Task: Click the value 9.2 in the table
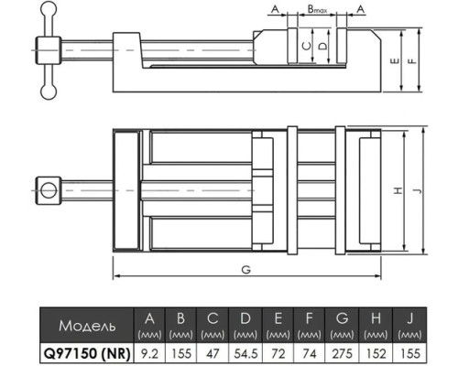point(149,354)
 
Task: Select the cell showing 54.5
point(245,354)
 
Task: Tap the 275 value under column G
point(342,354)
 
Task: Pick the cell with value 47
point(213,354)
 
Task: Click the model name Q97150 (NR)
point(87,354)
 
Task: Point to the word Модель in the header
point(87,326)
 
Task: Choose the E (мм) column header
point(278,325)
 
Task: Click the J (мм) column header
point(409,325)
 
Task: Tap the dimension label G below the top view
point(246,270)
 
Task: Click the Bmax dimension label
point(317,9)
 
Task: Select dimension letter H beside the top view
point(398,191)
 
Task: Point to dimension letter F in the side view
point(412,61)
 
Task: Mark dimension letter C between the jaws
point(307,46)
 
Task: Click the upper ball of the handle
point(49,9)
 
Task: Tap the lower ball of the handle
point(49,91)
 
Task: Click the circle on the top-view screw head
point(49,190)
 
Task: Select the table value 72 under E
point(278,354)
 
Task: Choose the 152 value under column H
point(376,354)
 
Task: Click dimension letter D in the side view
point(322,46)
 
